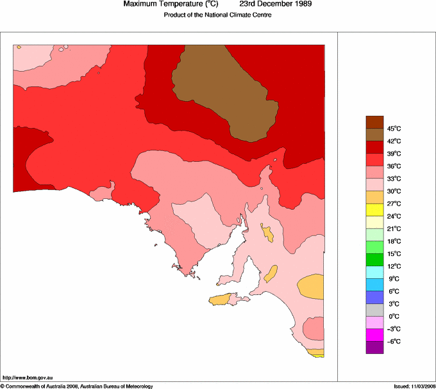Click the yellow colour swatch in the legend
[374, 210]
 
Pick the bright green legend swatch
[374, 248]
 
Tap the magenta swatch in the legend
[374, 335]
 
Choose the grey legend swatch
[374, 310]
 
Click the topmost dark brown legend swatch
[374, 122]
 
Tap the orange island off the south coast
[221, 299]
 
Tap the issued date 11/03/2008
[420, 386]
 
